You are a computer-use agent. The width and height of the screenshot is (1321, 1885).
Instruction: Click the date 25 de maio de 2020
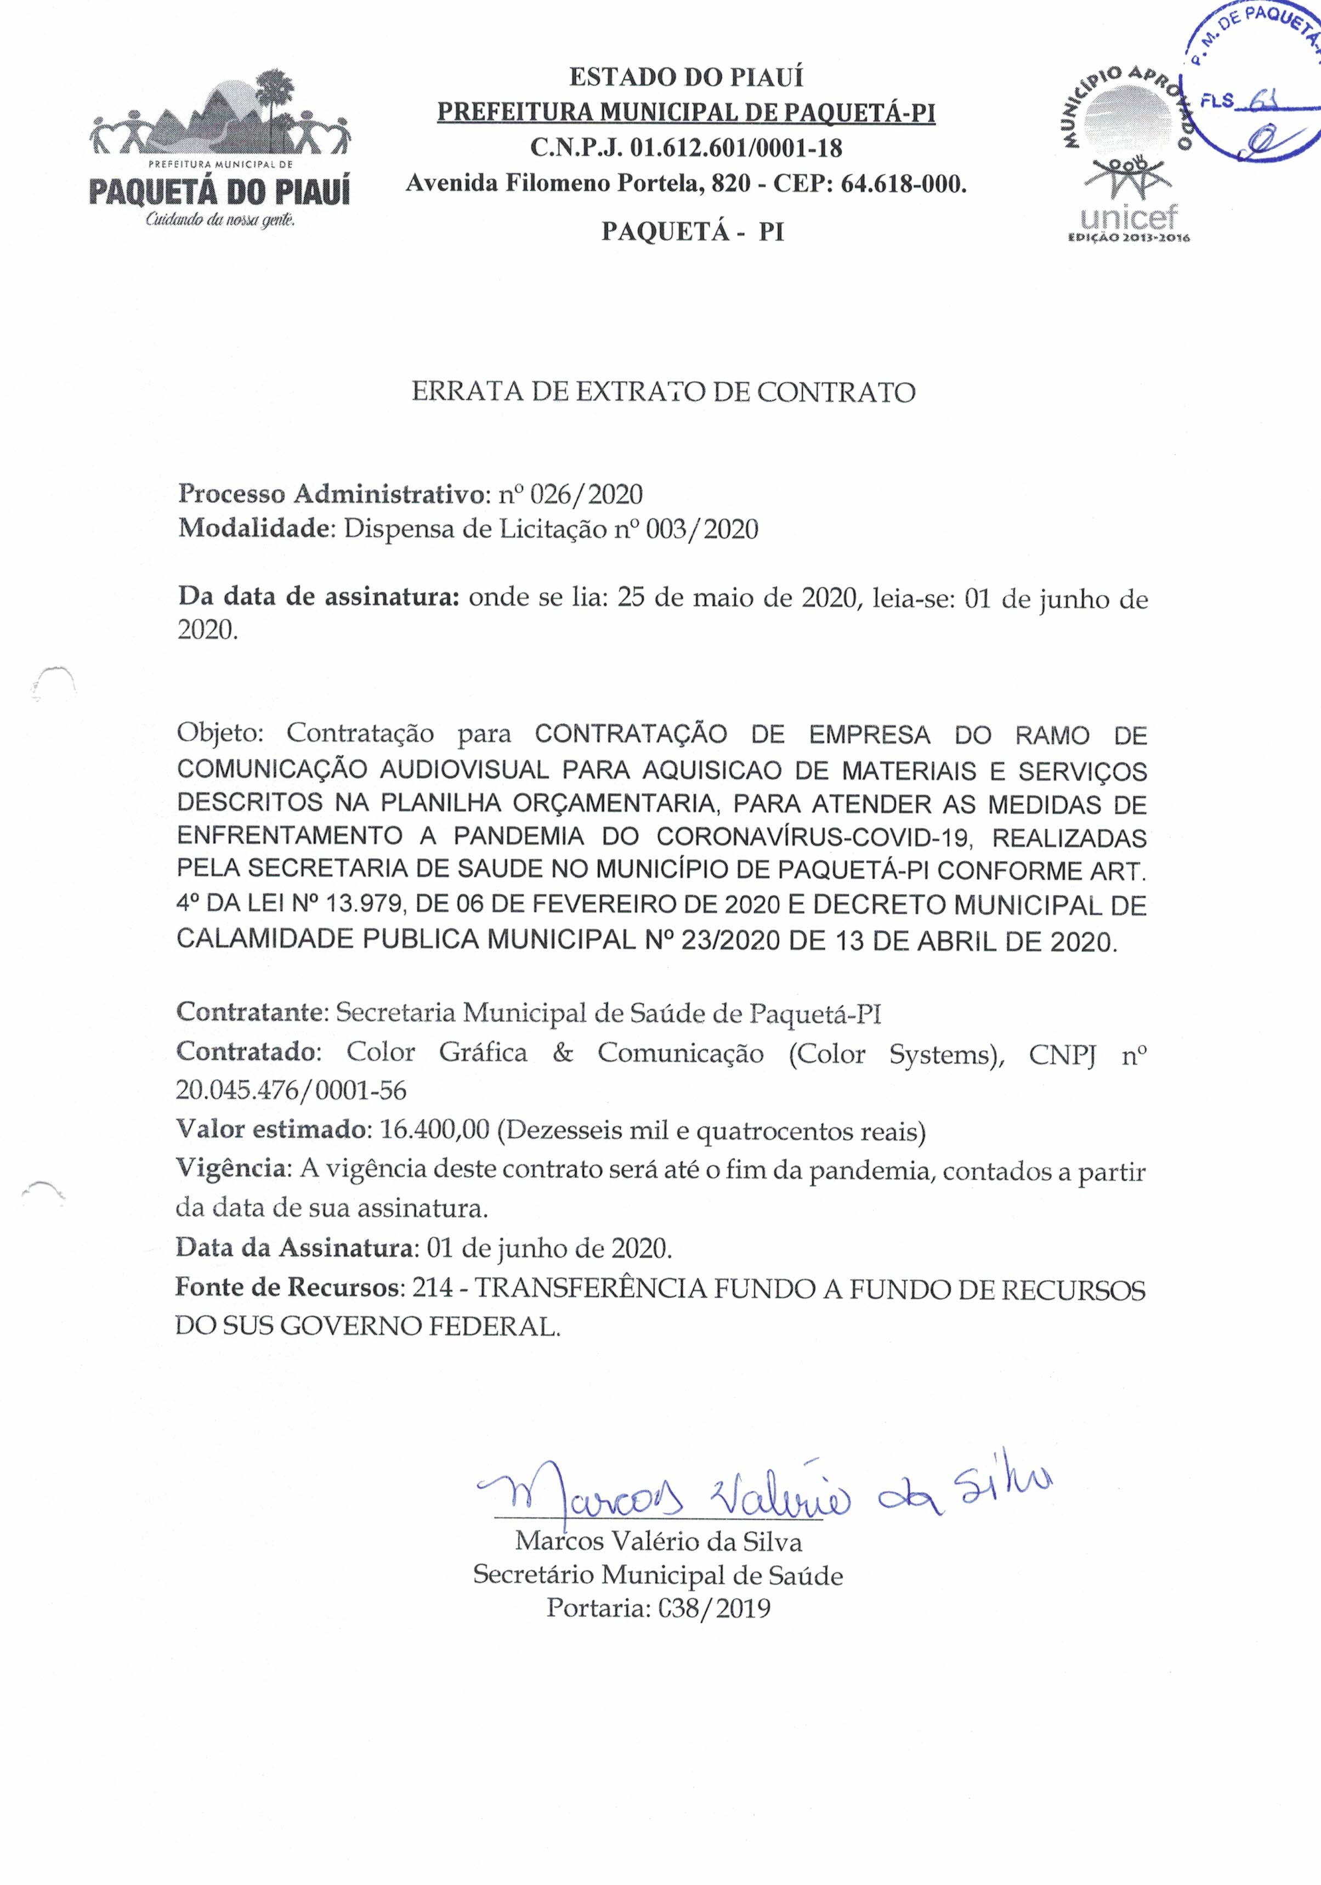[x=736, y=598]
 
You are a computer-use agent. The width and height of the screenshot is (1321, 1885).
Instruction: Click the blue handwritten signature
[x=763, y=1497]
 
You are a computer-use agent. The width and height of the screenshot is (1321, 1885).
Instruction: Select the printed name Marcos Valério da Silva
[x=659, y=1541]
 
